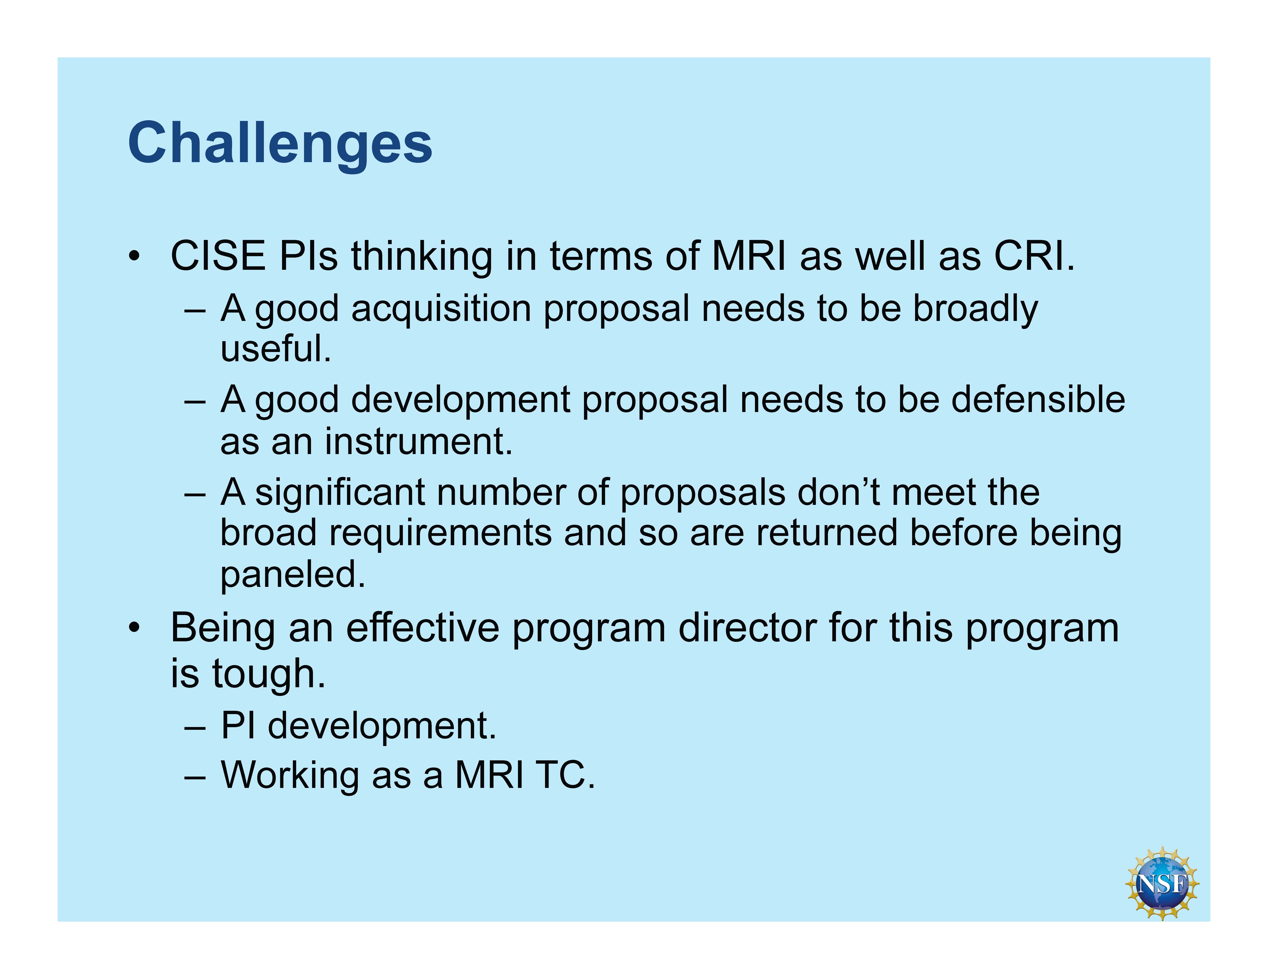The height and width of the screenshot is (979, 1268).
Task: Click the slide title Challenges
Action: tap(280, 144)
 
